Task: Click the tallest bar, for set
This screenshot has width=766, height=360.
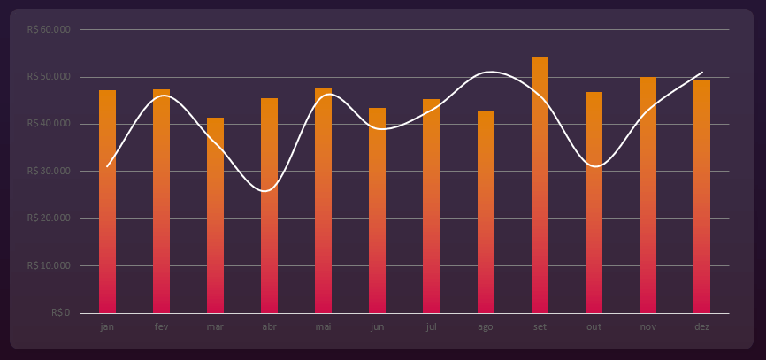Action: [540, 185]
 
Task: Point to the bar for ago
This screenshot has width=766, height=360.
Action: [486, 212]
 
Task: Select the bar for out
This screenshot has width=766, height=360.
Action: [594, 203]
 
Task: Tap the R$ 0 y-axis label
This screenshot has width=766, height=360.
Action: [60, 312]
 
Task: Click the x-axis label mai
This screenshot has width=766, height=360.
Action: [323, 327]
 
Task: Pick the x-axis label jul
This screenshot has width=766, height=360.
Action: [431, 327]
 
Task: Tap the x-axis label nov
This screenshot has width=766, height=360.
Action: [647, 327]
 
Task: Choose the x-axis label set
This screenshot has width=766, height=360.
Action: [540, 327]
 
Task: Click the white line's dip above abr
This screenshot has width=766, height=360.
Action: [266, 191]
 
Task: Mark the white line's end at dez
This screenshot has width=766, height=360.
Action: [702, 73]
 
